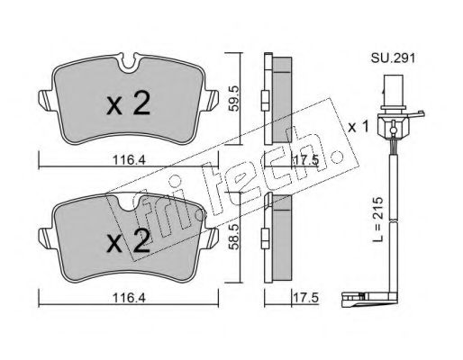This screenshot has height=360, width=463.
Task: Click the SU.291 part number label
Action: point(393,58)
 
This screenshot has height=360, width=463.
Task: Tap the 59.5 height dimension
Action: point(234,98)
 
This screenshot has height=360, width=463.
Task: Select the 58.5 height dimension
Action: point(234,236)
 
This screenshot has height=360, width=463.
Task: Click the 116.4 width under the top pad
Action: point(129,160)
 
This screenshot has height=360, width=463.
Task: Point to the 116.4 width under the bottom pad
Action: point(129,298)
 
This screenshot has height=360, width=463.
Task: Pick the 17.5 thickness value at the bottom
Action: point(305,298)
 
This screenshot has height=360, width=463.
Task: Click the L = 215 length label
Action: point(379,220)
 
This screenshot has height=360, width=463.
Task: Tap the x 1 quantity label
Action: point(359,127)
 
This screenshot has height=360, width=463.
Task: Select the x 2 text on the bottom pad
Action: point(128,241)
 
